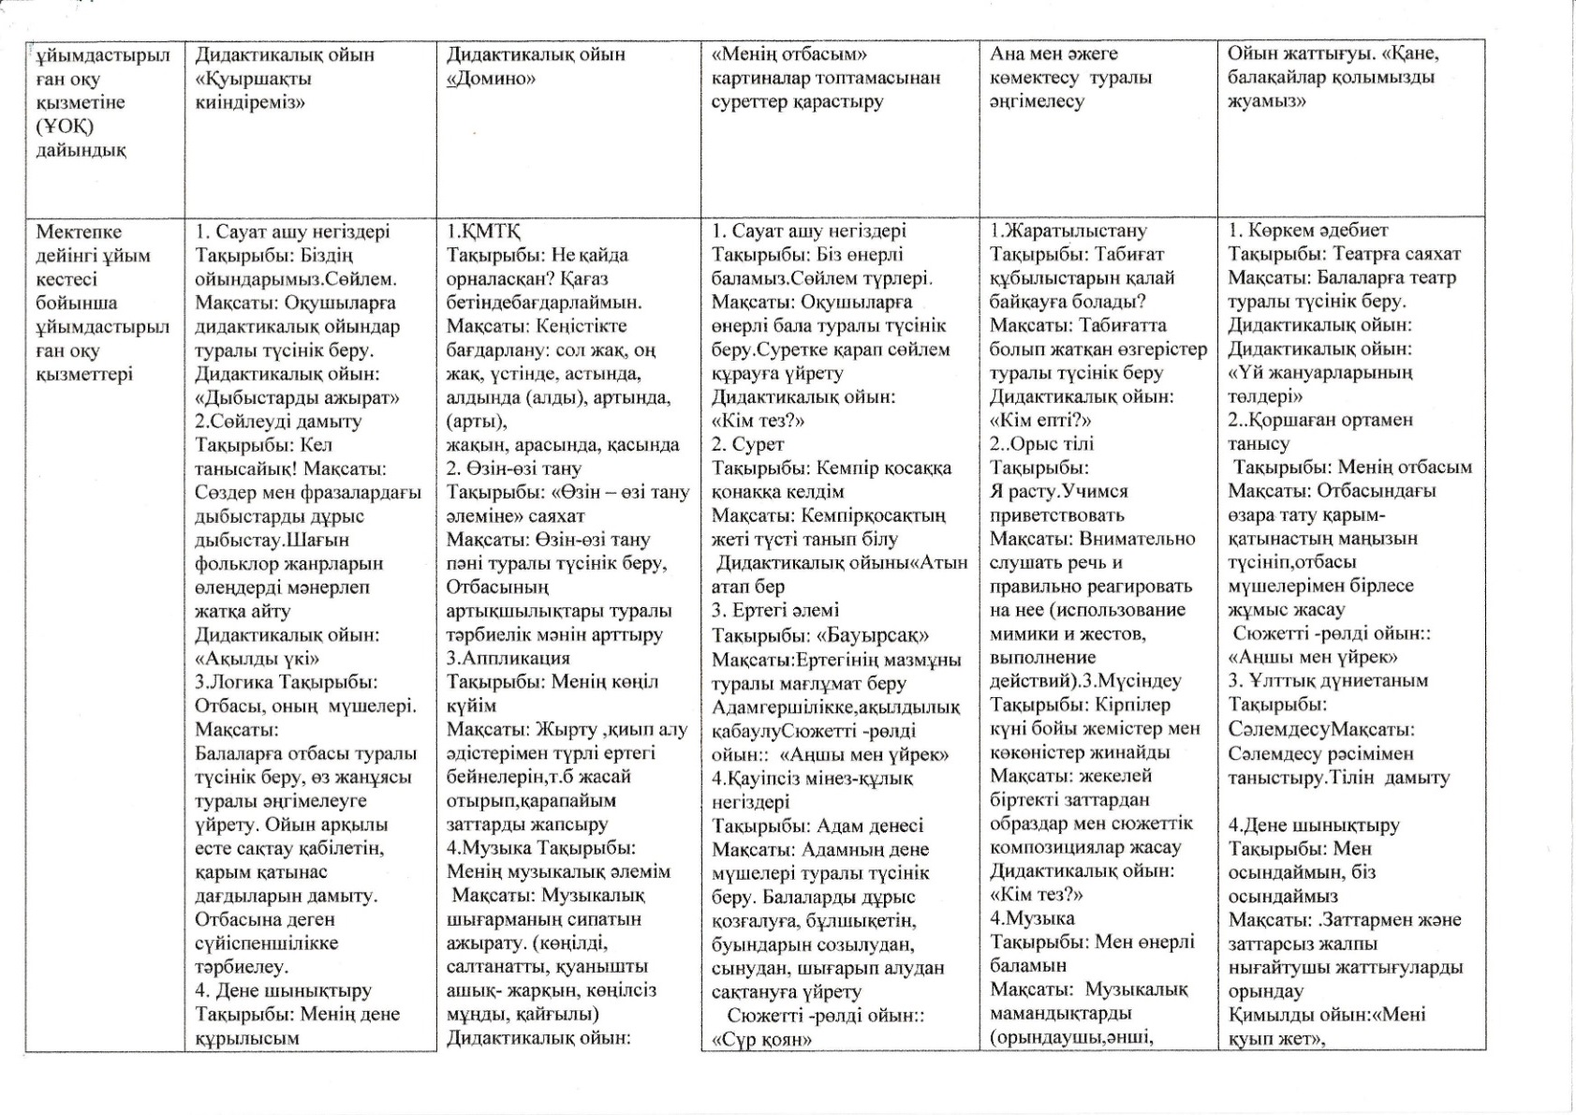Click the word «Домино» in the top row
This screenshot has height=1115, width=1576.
point(491,79)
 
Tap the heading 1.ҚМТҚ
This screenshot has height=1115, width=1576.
point(483,231)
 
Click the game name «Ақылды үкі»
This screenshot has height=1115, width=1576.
point(257,659)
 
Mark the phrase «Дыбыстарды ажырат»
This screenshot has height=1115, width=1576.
point(297,397)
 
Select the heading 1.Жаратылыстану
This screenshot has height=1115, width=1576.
point(1068,230)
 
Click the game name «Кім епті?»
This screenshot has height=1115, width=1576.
point(1040,421)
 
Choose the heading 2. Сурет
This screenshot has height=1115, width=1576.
point(747,444)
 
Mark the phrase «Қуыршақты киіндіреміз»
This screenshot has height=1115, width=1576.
point(253,91)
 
